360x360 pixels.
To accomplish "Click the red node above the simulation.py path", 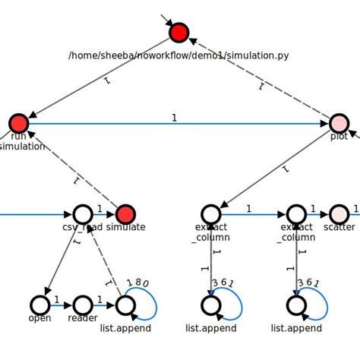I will pyautogui.click(x=178, y=33).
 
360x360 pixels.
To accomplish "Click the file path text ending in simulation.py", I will pyautogui.click(x=178, y=55).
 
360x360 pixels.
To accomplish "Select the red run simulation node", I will pyautogui.click(x=19, y=123).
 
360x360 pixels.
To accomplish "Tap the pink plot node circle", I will pyautogui.click(x=339, y=123).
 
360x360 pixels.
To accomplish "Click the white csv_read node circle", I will pyautogui.click(x=83, y=214).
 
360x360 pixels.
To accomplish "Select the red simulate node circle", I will pyautogui.click(x=125, y=214).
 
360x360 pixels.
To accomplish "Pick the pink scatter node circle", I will pyautogui.click(x=339, y=214).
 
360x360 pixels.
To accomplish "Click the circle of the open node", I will pyautogui.click(x=40, y=305).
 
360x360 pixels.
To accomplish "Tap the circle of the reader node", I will pyautogui.click(x=83, y=305).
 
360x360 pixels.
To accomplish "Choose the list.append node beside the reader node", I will pyautogui.click(x=125, y=305).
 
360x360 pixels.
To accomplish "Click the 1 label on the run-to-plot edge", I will pyautogui.click(x=174, y=118).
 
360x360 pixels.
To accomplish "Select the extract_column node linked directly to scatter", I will pyautogui.click(x=296, y=214).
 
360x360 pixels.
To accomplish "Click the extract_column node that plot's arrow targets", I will pyautogui.click(x=211, y=214).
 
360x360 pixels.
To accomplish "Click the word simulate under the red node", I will pyautogui.click(x=126, y=227).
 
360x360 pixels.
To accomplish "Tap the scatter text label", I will pyautogui.click(x=339, y=227).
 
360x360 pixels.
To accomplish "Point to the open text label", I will pyautogui.click(x=40, y=318).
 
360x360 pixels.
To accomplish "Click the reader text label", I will pyautogui.click(x=83, y=318).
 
